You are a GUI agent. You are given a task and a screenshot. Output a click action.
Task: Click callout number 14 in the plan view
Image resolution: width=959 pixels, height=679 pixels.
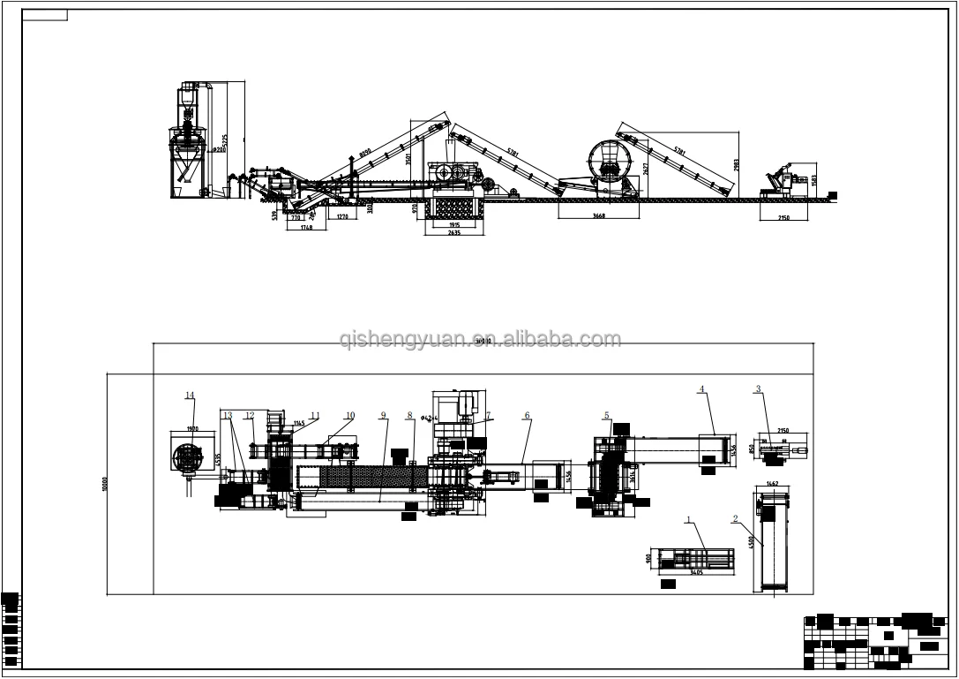coord(189,395)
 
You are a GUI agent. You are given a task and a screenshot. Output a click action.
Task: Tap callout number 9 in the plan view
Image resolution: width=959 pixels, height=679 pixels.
coord(384,414)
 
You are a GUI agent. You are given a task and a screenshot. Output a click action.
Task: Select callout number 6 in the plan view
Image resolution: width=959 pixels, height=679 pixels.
coord(527,414)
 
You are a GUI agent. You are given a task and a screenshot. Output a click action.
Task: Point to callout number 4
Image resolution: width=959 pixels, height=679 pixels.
coord(701,389)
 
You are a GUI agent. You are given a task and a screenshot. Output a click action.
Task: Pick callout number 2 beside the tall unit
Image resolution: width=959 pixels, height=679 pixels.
coord(736,519)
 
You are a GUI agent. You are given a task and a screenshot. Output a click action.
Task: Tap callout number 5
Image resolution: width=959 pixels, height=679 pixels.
coord(606,414)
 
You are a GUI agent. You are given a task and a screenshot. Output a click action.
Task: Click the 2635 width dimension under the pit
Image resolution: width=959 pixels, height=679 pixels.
coord(454,233)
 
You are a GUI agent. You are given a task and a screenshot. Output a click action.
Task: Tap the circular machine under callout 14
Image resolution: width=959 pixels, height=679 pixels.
coord(189,456)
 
